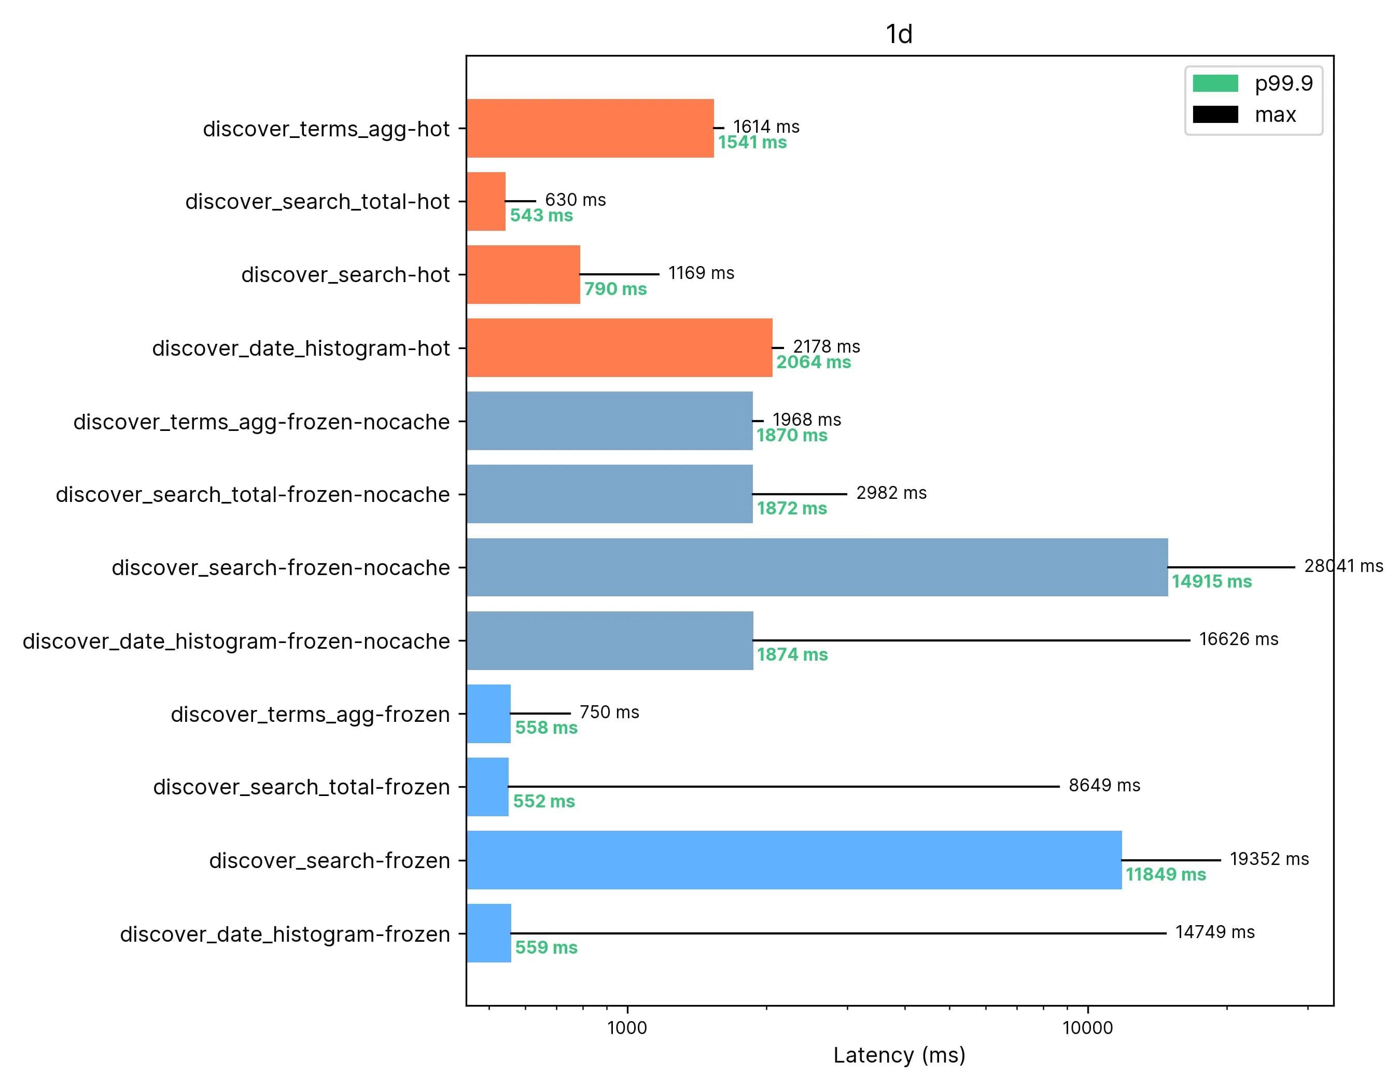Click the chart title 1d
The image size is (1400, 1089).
(x=899, y=34)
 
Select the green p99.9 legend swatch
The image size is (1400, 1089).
(x=1215, y=83)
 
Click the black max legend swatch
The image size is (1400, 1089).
(x=1215, y=115)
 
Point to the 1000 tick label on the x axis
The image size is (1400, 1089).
(x=626, y=1027)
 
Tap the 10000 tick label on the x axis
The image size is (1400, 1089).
(x=1087, y=1027)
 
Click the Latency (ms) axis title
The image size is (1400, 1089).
(x=899, y=1054)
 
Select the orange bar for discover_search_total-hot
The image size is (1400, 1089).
(x=486, y=201)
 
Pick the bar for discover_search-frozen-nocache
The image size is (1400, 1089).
(x=817, y=567)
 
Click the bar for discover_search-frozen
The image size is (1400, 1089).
(x=793, y=860)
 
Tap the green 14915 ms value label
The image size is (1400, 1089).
(x=1212, y=581)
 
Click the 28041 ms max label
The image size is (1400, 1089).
(x=1343, y=566)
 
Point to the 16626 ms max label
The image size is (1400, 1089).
(x=1238, y=639)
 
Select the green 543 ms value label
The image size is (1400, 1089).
(x=541, y=215)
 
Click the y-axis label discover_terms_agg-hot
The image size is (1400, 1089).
(x=326, y=129)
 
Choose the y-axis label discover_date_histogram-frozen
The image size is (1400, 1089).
(x=285, y=934)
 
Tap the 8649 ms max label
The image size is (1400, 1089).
(x=1104, y=785)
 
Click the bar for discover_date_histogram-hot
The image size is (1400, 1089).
(x=619, y=347)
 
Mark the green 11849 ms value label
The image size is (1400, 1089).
(x=1166, y=874)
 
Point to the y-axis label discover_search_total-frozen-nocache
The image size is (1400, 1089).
(x=253, y=494)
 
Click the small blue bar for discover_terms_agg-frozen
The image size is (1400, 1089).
(x=488, y=714)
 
